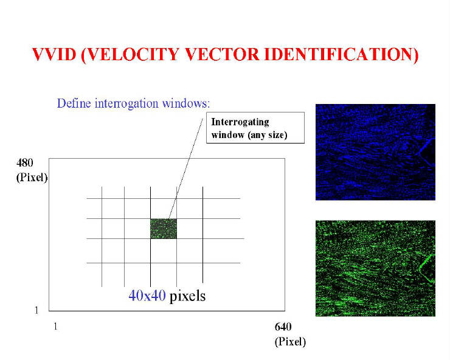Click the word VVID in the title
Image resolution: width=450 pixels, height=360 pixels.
coord(54,54)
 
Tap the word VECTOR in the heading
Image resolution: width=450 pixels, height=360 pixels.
coord(222,54)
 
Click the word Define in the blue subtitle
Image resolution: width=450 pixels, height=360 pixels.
coord(74,103)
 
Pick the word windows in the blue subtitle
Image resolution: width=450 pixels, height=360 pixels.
coord(186,103)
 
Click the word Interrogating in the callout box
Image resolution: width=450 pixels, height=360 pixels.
coord(240,122)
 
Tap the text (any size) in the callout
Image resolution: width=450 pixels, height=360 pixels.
coord(268,134)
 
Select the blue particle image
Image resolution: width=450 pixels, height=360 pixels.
coord(375,152)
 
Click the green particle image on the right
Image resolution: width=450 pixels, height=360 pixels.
coord(375,268)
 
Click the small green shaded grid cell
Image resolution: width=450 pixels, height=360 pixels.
coord(164,229)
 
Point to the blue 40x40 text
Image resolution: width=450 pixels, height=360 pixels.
coord(147,295)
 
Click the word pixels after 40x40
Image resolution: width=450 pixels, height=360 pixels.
coord(187,296)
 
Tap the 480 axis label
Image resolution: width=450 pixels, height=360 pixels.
coord(25,163)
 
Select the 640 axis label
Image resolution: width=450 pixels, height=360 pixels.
coord(283,327)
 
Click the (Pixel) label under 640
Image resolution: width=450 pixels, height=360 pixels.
coord(290,342)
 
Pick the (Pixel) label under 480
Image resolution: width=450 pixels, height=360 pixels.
coord(32,178)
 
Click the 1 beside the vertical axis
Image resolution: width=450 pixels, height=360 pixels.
coord(36,310)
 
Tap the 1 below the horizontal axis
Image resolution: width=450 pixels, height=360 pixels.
coord(55,327)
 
